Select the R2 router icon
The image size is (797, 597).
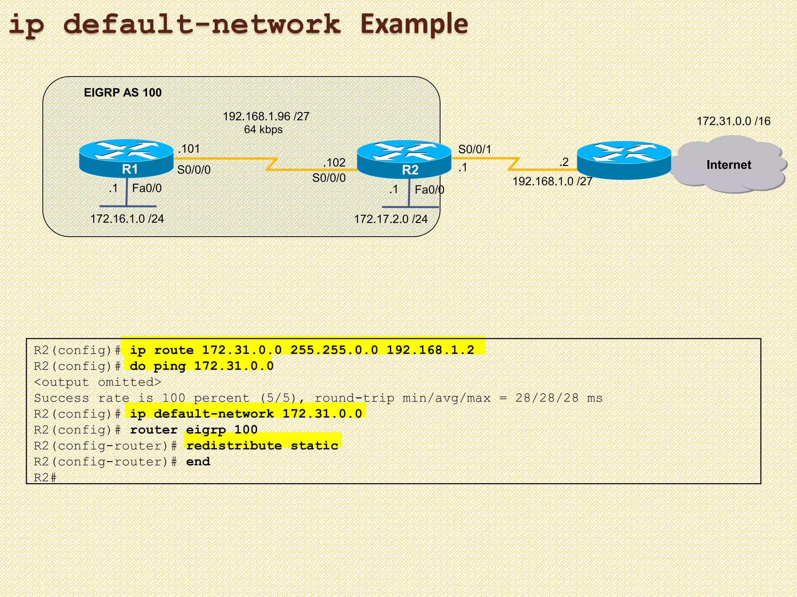point(404,159)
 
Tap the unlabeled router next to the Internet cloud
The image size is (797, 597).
point(624,160)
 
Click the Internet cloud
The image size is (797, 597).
point(729,164)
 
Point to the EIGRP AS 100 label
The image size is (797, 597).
point(123,93)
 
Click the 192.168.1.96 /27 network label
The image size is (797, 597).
point(266,116)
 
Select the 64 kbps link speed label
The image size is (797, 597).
point(263,129)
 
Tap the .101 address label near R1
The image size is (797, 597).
point(189,149)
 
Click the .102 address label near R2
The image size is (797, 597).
point(334,162)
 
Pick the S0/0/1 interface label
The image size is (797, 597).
point(474,149)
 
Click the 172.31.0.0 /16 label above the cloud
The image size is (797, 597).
point(733,121)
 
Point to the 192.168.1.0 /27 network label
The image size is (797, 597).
point(552,182)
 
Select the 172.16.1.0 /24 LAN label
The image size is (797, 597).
point(127,219)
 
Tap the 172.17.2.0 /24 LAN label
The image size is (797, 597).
point(390,219)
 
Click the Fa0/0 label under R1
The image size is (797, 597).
point(147,188)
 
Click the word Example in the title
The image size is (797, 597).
point(414,24)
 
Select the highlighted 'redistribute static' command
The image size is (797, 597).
point(262,445)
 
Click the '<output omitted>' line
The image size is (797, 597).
point(97,382)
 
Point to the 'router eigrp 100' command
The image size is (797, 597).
point(193,429)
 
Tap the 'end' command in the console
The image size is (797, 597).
point(198,461)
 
